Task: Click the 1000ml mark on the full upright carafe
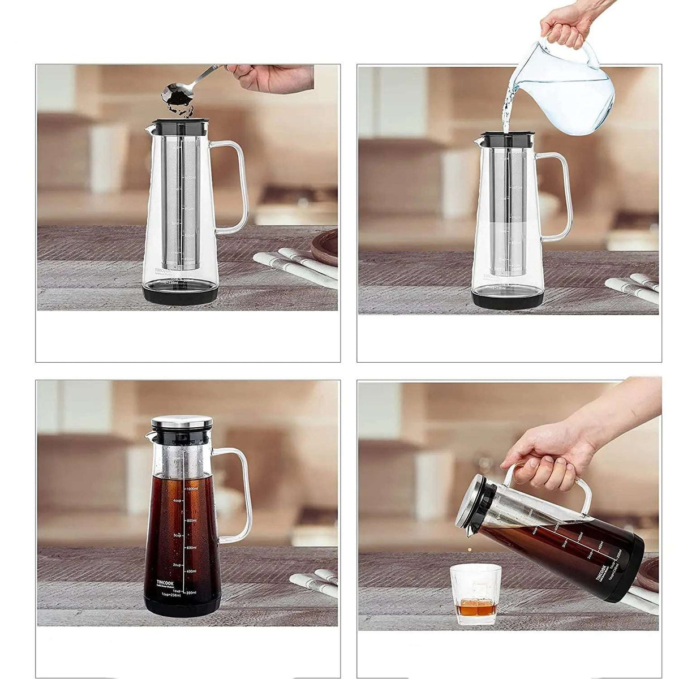point(191,488)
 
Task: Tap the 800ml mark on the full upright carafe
point(191,521)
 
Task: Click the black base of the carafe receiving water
point(508,299)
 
